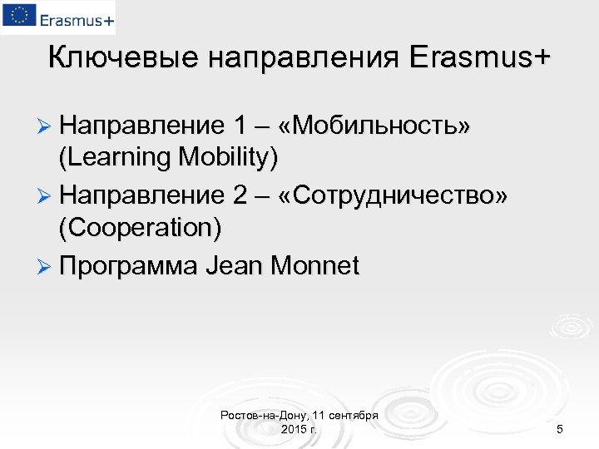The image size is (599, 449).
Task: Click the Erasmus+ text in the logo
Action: point(74,18)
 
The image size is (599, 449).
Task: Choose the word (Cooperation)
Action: point(140,226)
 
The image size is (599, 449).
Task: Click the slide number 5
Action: point(560,429)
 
